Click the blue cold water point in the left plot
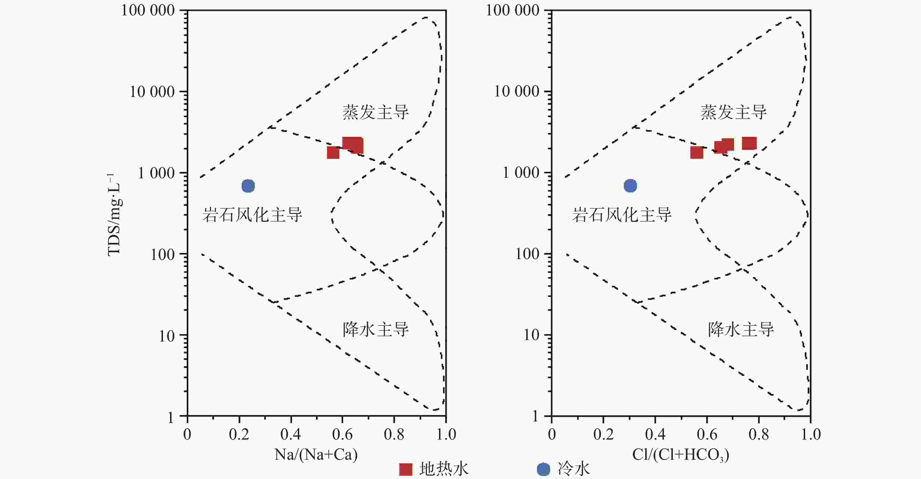248,186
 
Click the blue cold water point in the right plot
630,186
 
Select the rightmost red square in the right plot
749,143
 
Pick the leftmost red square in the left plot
333,152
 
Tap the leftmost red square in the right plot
696,152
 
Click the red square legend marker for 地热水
405,469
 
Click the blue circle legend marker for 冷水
543,469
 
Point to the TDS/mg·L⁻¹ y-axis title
115,215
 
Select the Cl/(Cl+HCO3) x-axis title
680,455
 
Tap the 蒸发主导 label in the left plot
375,112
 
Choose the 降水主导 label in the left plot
375,329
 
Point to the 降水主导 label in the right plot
741,329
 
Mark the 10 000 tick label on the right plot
517,92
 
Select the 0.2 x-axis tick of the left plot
239,435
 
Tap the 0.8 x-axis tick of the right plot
758,435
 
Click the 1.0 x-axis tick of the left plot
446,435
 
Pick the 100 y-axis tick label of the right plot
527,254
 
